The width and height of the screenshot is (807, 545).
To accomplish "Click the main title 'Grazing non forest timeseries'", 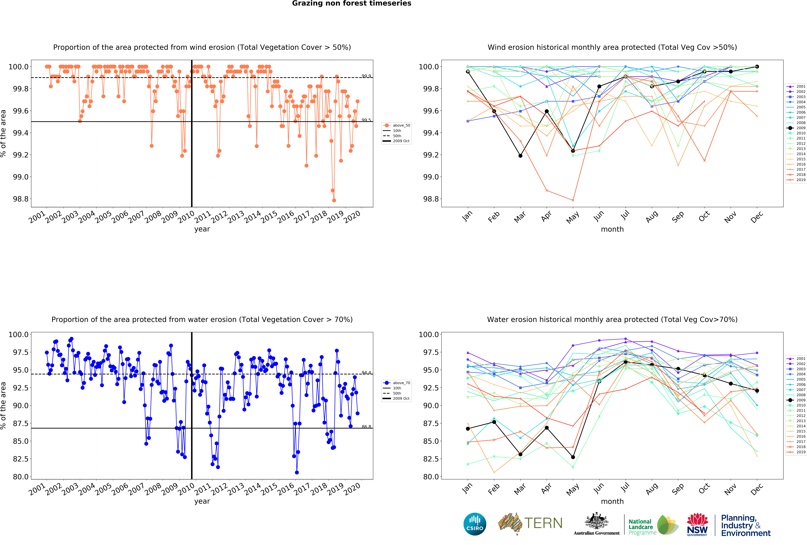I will tap(351, 3).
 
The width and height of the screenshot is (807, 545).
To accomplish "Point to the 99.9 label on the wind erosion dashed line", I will tap(366, 76).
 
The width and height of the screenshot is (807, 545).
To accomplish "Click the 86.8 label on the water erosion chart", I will tap(366, 427).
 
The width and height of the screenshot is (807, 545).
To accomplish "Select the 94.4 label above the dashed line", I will tap(366, 372).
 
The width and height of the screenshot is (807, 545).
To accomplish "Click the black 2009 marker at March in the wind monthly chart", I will tap(520, 156).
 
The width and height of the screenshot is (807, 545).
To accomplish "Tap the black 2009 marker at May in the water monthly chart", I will tap(573, 457).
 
